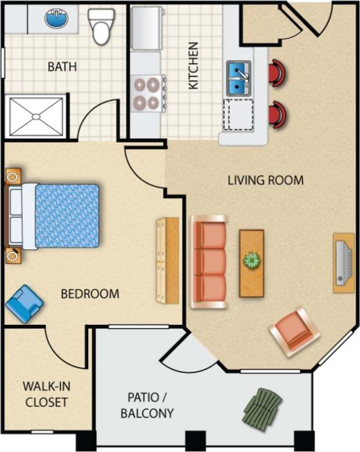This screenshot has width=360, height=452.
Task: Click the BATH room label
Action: tap(62, 66)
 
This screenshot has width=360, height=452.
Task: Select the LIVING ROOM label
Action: tap(265, 180)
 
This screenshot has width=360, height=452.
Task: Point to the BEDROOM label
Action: tap(90, 294)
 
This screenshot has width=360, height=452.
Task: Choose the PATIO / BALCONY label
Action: tap(147, 405)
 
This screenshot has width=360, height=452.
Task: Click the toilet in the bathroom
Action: tap(100, 25)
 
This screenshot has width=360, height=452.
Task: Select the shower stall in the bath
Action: tap(36, 116)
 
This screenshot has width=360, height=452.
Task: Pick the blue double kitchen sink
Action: tap(239, 78)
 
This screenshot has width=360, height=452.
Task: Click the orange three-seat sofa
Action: tap(209, 262)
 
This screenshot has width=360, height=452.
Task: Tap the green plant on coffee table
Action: tap(251, 261)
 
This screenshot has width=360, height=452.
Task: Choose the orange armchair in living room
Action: tap(294, 331)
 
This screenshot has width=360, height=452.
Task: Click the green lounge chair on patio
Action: tap(262, 408)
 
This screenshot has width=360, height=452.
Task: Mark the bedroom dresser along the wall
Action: tap(167, 260)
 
